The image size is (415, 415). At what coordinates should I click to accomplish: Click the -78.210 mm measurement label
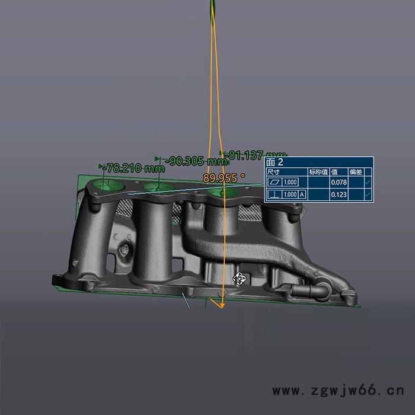click(x=133, y=168)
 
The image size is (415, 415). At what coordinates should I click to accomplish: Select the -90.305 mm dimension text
click(x=196, y=161)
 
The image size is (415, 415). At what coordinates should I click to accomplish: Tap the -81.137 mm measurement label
click(x=257, y=155)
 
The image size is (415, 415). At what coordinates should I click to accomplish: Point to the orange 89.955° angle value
click(x=224, y=177)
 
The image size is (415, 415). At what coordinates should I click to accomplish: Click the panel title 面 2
click(x=276, y=162)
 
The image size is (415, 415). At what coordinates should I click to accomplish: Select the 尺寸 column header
click(x=273, y=171)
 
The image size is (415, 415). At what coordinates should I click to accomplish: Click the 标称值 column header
click(x=318, y=171)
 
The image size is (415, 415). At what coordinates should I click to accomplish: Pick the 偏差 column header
click(x=356, y=171)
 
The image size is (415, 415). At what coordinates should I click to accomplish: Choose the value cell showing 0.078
click(x=339, y=183)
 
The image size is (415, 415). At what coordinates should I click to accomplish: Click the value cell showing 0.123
click(x=339, y=194)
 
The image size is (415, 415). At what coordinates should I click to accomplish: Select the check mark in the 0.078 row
click(x=368, y=183)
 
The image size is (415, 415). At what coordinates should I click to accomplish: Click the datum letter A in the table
click(x=302, y=194)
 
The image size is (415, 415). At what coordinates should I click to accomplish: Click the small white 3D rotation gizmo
click(x=240, y=278)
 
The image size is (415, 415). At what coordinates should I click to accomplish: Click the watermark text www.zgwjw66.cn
click(x=337, y=391)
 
